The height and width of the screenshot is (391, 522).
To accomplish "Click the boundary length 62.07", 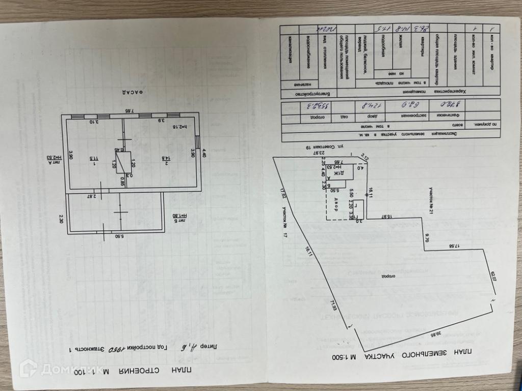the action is (493, 280).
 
